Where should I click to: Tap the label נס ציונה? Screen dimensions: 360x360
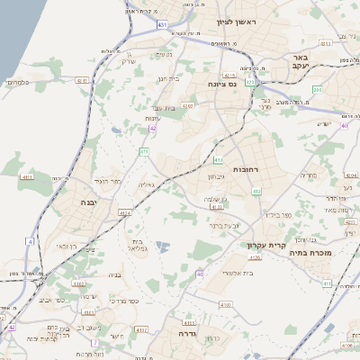[222, 84]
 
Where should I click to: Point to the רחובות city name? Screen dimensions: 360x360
[246, 168]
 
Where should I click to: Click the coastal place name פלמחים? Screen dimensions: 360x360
[19, 82]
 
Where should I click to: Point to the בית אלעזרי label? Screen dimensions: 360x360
[238, 273]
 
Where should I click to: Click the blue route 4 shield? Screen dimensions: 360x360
[30, 241]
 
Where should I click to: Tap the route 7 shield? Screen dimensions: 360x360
[95, 342]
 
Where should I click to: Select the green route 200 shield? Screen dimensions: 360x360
[317, 90]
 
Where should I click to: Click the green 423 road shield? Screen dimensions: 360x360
[251, 82]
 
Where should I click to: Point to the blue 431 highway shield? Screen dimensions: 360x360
[161, 24]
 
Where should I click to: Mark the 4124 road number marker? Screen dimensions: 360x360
[125, 213]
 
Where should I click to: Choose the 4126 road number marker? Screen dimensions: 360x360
[254, 257]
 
